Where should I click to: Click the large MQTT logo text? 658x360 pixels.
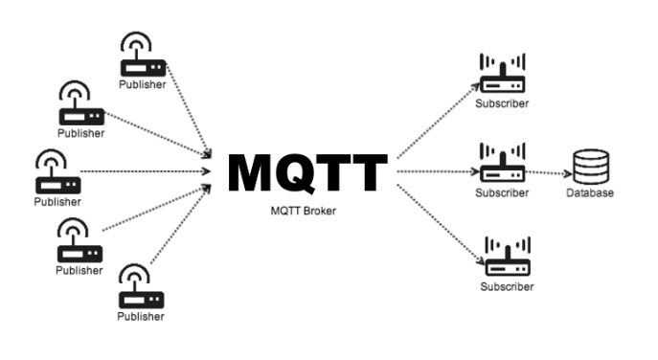[307, 173]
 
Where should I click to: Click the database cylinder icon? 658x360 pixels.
[588, 167]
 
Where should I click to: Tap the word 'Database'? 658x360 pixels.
[589, 193]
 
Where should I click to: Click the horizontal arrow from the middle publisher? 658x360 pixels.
[144, 172]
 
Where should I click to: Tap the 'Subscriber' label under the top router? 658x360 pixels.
[502, 103]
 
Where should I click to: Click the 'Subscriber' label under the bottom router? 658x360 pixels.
[507, 286]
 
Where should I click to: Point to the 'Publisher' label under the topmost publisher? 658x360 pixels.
[142, 84]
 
